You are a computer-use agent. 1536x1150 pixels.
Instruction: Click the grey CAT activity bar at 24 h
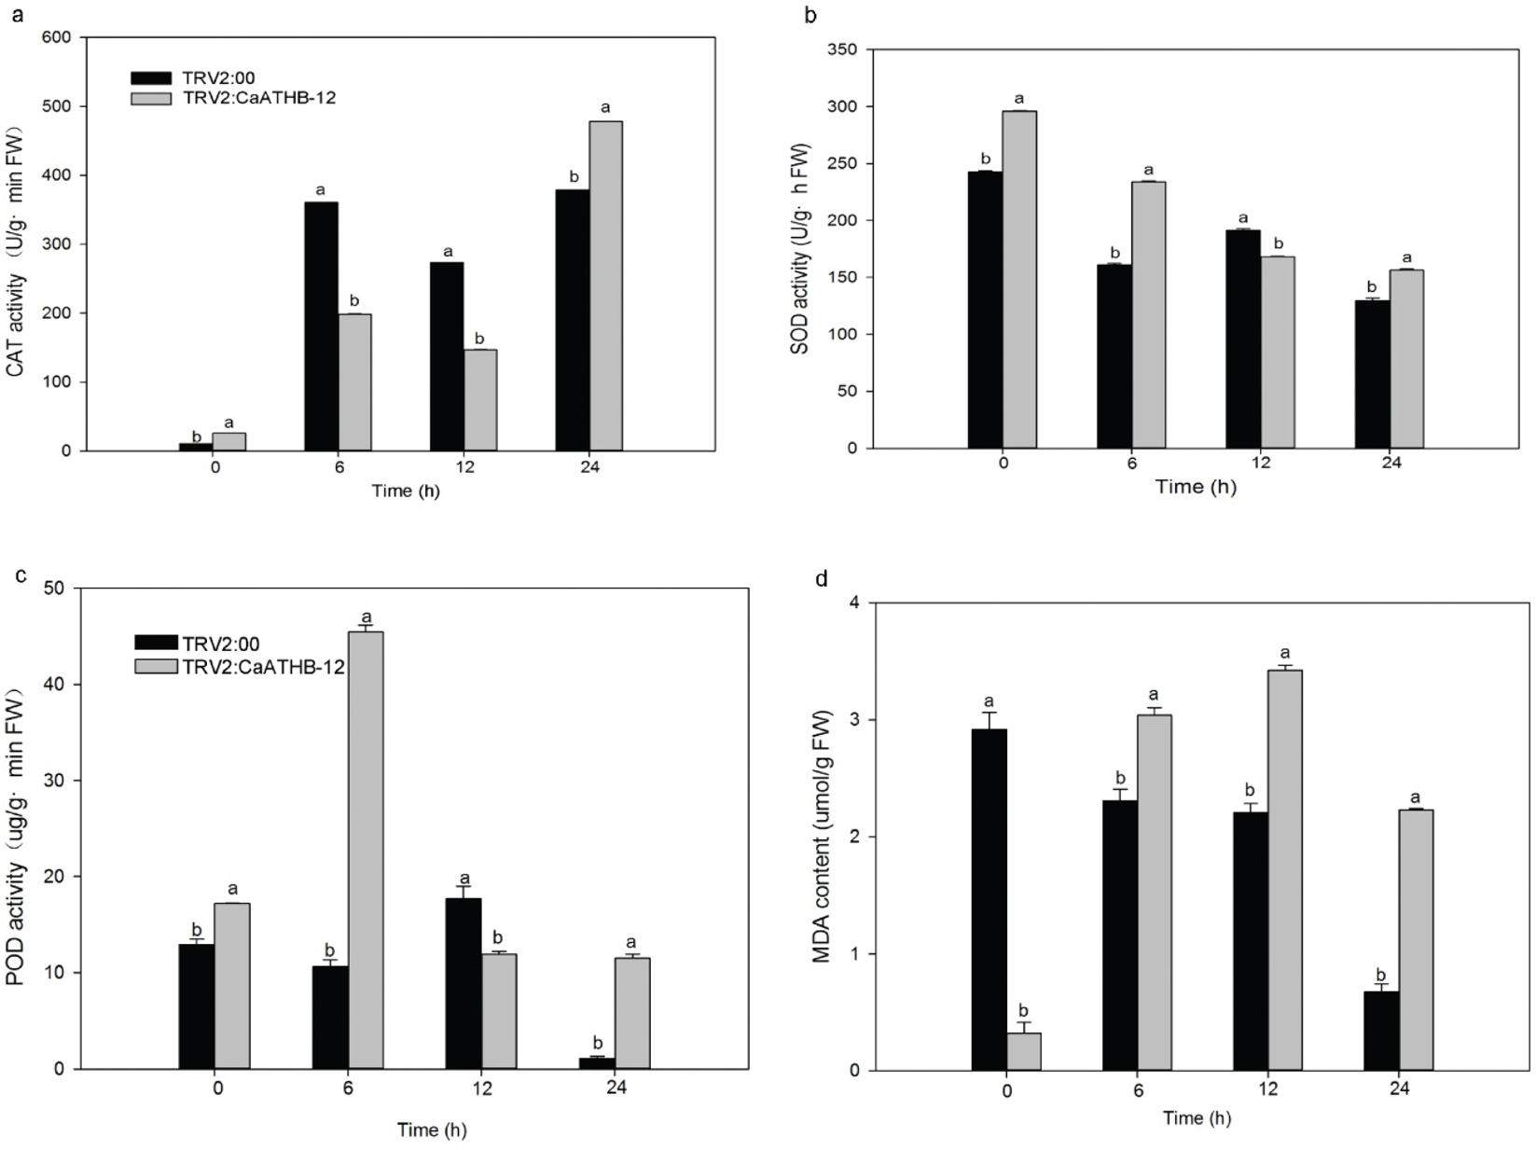pyautogui.click(x=605, y=285)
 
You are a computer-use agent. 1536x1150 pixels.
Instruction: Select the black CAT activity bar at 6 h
pyautogui.click(x=321, y=326)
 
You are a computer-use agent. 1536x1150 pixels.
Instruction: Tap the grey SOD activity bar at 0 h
pyautogui.click(x=1019, y=279)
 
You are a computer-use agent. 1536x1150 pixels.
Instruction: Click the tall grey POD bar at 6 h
pyautogui.click(x=366, y=850)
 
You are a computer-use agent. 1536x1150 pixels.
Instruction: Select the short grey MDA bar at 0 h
pyautogui.click(x=1023, y=1051)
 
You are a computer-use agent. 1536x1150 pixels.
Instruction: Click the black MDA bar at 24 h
pyautogui.click(x=1380, y=1030)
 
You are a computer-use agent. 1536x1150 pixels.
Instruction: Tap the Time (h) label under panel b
pyautogui.click(x=1196, y=486)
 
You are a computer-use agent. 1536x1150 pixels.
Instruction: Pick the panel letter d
pyautogui.click(x=821, y=580)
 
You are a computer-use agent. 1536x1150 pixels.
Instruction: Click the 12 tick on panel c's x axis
pyautogui.click(x=481, y=1088)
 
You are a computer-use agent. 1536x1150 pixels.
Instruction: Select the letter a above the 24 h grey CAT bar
pyautogui.click(x=605, y=108)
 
